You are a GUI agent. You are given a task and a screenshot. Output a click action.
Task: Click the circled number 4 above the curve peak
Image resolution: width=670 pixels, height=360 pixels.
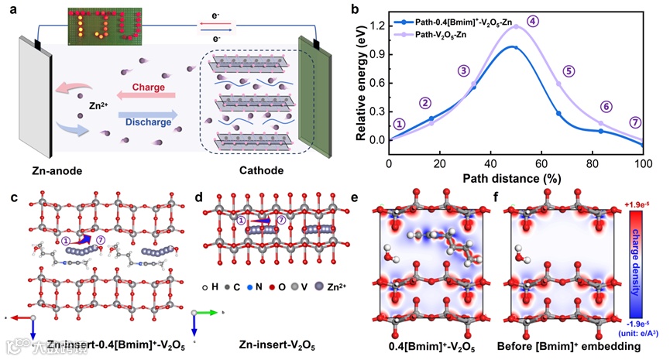532,21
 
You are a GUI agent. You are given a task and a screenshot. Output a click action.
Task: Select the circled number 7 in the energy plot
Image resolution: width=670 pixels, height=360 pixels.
635,122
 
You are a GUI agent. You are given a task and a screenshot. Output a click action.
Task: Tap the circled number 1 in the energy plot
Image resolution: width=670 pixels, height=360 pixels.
399,124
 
